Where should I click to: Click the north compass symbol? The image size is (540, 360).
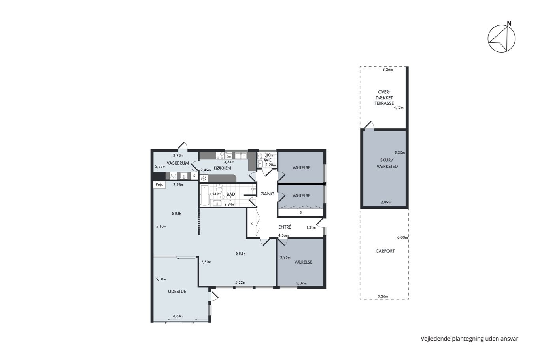pos(501,39)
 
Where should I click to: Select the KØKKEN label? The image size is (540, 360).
pos(222,168)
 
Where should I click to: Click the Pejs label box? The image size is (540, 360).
pos(159,184)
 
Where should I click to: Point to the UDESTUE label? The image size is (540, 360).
pos(177,292)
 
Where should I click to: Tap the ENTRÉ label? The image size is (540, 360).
pos(285,227)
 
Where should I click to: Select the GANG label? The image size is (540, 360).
pos(267,194)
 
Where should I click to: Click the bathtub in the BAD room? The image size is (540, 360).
pos(204,195)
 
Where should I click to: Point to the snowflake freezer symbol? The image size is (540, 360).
pos(204,178)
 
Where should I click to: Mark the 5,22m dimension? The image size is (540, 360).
pos(240,282)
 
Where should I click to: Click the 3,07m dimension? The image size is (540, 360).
pos(301,283)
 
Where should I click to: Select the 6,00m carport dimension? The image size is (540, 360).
pos(402,237)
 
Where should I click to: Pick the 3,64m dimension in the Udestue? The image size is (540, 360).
pos(178,316)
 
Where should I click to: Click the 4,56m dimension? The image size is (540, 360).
pos(283,235)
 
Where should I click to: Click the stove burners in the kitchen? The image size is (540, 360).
pos(220,155)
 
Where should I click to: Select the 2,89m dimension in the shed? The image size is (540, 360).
pos(385,202)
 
